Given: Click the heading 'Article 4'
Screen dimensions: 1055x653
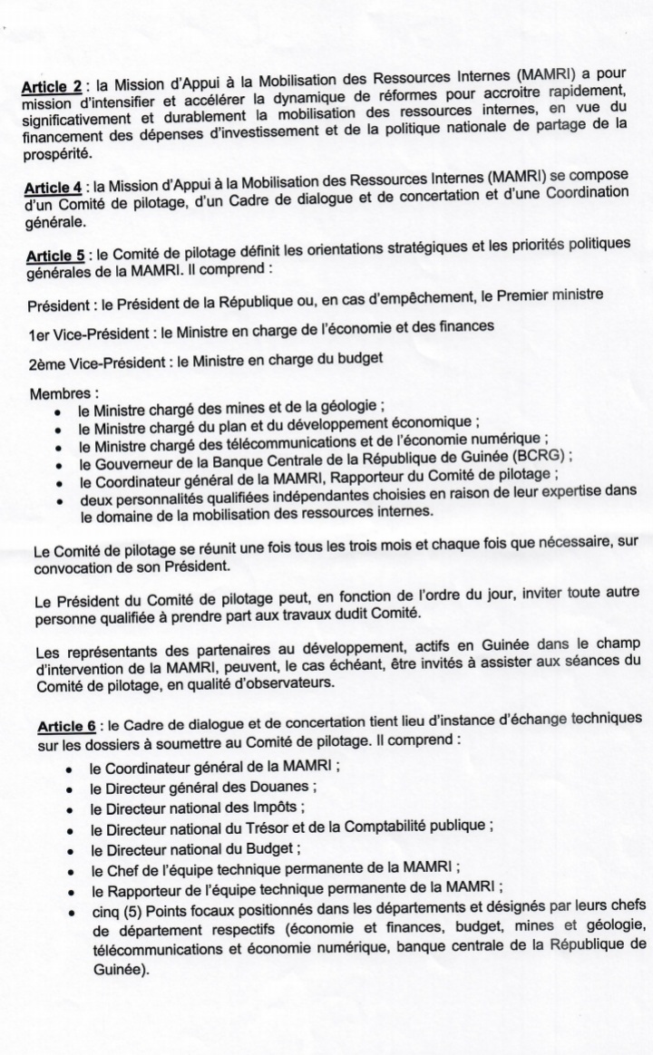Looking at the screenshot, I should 53,188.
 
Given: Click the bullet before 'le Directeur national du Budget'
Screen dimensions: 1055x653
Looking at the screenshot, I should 71,848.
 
